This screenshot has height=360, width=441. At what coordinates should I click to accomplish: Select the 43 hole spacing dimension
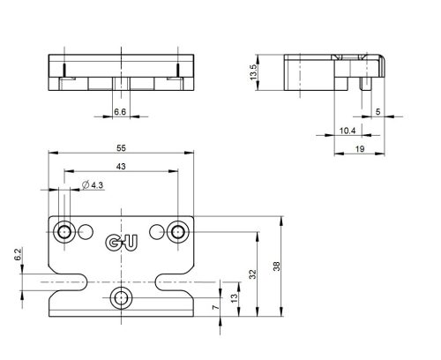click(120, 167)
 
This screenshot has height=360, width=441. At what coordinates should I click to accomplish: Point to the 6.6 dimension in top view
click(120, 112)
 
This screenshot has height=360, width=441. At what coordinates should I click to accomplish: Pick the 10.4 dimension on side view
click(347, 131)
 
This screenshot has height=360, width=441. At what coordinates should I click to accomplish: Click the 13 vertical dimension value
click(234, 298)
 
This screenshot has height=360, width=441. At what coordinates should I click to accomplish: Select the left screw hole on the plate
click(64, 232)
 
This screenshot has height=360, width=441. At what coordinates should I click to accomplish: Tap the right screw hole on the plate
click(177, 232)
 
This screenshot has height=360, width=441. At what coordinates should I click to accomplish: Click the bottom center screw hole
click(120, 296)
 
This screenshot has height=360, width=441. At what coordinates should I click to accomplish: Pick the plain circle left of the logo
click(85, 232)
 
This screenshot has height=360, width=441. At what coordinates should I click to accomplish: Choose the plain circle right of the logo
click(157, 232)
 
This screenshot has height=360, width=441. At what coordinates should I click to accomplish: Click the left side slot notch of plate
click(66, 282)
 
